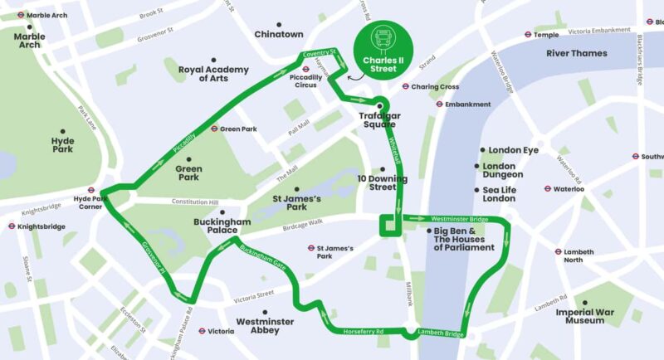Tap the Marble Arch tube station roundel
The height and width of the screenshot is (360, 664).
point(20,15)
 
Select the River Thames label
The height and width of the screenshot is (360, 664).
point(576,53)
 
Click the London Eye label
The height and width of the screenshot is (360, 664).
point(514,150)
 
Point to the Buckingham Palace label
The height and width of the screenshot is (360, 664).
point(222,226)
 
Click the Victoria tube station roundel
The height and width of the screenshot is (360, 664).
point(201,331)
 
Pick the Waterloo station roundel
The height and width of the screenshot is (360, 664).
point(548,189)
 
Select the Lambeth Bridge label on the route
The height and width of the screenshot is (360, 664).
point(439,333)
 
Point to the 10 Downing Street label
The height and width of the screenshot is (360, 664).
point(383,182)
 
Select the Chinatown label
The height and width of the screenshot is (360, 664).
point(278,34)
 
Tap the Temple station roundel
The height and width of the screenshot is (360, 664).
point(527,35)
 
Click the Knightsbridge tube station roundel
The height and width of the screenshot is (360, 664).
point(11,226)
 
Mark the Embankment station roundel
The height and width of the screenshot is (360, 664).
point(439,105)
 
